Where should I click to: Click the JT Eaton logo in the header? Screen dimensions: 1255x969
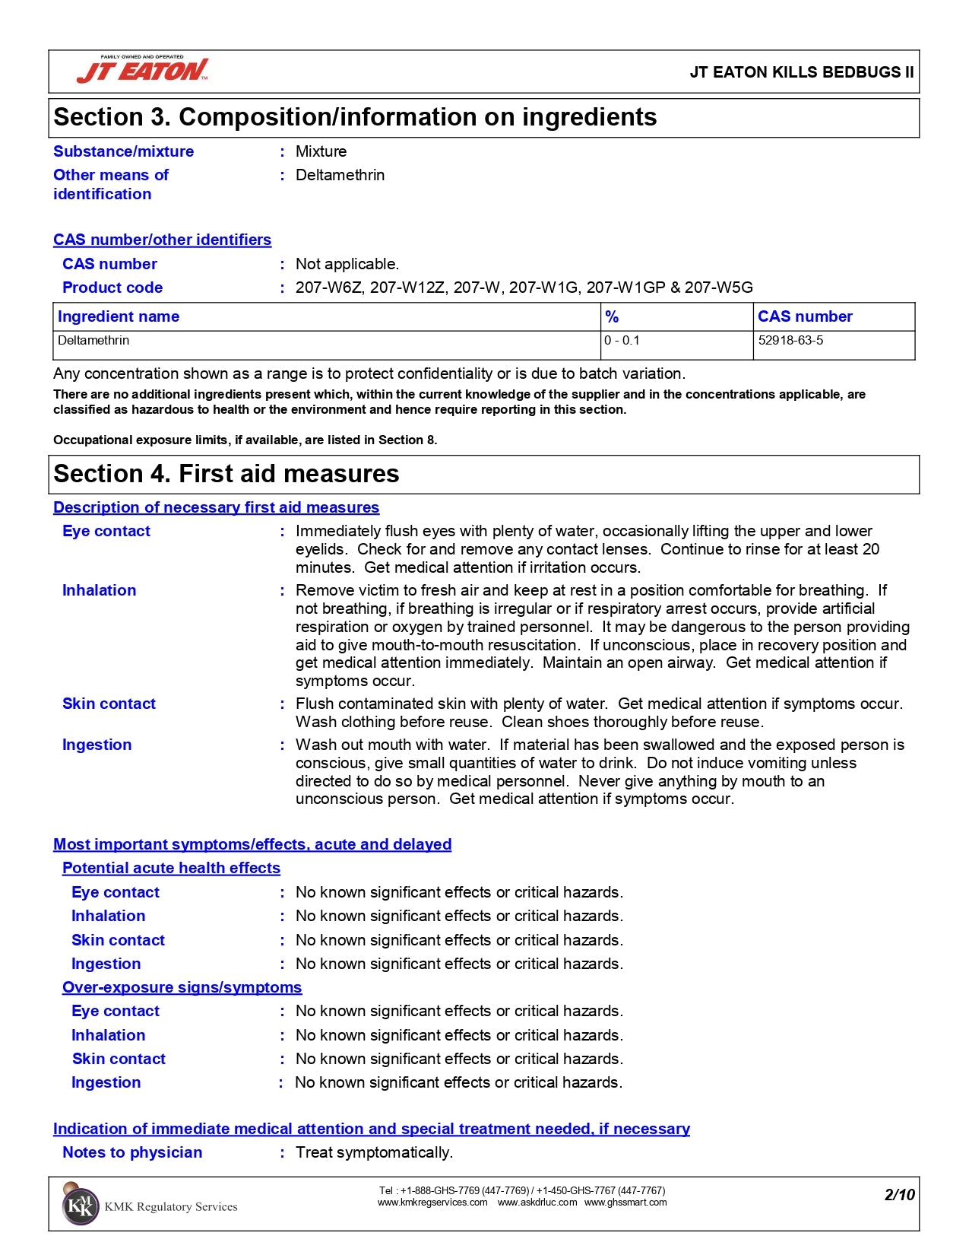[x=143, y=70]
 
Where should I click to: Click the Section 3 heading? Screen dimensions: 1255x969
[x=355, y=117]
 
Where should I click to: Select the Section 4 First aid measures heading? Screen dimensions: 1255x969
[x=226, y=474]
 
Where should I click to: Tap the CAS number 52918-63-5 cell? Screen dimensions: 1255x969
[x=790, y=341]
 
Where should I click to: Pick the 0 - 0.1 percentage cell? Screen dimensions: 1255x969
[x=622, y=341]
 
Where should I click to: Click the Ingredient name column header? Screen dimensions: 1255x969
[x=119, y=316]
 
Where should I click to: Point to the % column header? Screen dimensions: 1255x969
[x=612, y=316]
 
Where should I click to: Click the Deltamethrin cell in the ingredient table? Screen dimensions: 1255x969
[x=93, y=341]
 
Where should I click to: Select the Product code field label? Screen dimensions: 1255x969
[x=112, y=288]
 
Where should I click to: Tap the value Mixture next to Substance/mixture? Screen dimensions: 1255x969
[x=321, y=151]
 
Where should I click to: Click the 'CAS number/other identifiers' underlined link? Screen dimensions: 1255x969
[x=162, y=240]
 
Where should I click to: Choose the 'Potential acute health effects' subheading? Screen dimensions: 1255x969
[x=171, y=868]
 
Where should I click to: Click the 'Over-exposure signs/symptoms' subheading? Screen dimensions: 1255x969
[x=182, y=987]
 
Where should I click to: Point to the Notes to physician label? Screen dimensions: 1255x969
[x=132, y=1152]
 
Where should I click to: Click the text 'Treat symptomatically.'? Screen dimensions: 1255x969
[x=374, y=1152]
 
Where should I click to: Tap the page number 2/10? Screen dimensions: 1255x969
[x=899, y=1195]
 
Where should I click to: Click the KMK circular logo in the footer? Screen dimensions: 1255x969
[x=80, y=1206]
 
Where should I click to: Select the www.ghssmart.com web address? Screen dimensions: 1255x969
[x=625, y=1203]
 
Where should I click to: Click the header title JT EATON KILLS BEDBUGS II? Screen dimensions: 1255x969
[x=801, y=72]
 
